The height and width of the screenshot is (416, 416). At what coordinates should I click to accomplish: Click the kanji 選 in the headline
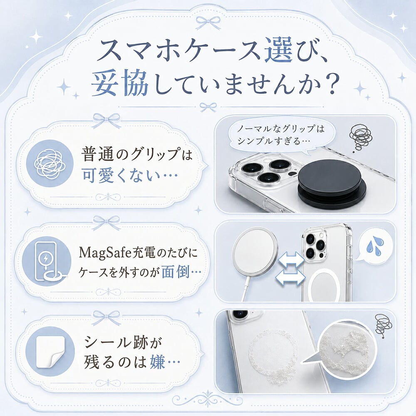click(279, 50)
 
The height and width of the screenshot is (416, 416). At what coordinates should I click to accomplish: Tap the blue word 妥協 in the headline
click(120, 83)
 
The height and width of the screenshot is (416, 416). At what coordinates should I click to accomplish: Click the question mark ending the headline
click(331, 83)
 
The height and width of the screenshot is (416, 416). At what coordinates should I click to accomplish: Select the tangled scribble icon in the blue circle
click(50, 163)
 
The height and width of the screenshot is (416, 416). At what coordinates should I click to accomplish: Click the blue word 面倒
click(176, 272)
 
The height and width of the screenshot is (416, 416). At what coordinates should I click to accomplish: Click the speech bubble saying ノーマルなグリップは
click(282, 135)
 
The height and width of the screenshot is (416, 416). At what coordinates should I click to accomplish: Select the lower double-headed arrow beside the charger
click(290, 277)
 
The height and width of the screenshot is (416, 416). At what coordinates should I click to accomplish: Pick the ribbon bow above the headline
click(208, 22)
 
